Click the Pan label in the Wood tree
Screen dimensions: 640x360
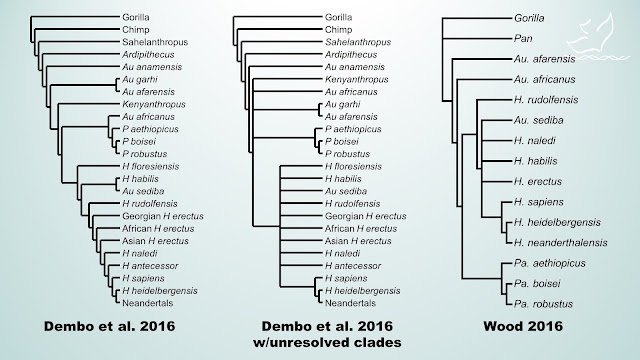pos(523,38)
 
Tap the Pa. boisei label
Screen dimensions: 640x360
pos(537,284)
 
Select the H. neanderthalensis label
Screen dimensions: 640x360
pos(560,243)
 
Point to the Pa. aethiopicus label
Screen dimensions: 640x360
pos(550,263)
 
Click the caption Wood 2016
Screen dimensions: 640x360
pos(523,326)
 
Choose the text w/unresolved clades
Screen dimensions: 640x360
pos(327,342)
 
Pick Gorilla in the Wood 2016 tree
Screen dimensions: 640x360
pos(529,18)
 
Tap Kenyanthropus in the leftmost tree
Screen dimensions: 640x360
pos(154,104)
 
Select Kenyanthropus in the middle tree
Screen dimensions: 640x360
pos(356,80)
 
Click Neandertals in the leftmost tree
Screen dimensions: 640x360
pos(147,303)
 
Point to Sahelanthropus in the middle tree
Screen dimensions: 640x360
pos(358,42)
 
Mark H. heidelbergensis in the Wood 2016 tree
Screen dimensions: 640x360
pos(557,222)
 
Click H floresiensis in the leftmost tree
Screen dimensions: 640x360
pos(151,167)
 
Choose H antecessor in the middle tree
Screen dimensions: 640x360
pos(353,266)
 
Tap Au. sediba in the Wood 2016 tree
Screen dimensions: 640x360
pos(538,120)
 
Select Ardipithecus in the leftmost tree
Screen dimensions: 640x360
pos(148,55)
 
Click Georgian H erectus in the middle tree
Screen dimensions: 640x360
pos(365,216)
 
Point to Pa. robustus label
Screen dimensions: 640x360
pos(543,304)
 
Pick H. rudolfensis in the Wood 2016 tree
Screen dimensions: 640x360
pos(546,100)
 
